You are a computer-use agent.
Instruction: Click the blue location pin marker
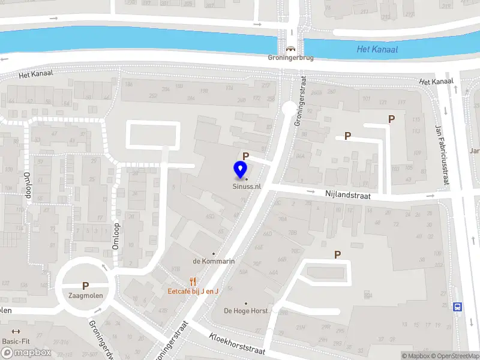point(241,170)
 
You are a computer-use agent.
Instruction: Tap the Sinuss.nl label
point(247,187)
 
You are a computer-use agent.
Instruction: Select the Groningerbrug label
point(290,59)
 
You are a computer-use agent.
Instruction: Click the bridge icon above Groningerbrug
point(290,49)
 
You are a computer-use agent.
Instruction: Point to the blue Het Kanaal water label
point(377,49)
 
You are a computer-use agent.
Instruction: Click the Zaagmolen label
point(85,296)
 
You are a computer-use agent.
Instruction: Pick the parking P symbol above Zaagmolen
point(85,286)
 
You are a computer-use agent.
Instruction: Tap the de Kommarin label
point(213,261)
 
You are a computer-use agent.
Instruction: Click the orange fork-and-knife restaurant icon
point(193,281)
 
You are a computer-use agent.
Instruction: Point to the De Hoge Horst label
point(246,311)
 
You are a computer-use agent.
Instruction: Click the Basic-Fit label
point(16,341)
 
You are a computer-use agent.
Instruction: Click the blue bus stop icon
point(458,307)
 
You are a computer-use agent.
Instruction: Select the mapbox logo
point(26,353)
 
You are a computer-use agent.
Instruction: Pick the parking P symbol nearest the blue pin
point(245,156)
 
